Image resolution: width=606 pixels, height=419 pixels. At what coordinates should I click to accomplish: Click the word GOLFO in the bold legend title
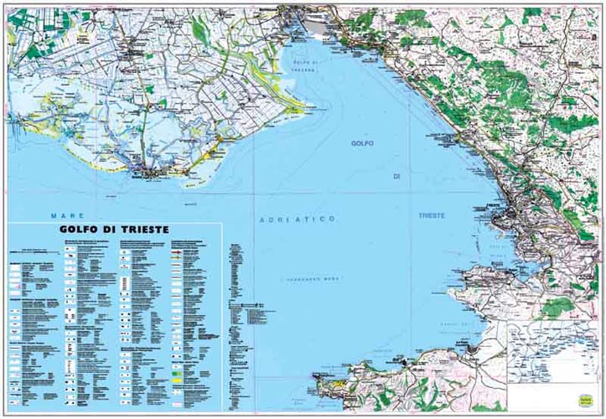[x=83, y=229]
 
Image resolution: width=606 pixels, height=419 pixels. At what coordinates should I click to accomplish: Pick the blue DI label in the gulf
[x=398, y=177]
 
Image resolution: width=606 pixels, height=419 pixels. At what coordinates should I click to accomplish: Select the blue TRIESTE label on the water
[x=432, y=215]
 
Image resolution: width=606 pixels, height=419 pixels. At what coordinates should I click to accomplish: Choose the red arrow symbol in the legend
[x=177, y=249]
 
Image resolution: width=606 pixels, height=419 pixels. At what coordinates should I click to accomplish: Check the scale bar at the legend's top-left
[x=34, y=249]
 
